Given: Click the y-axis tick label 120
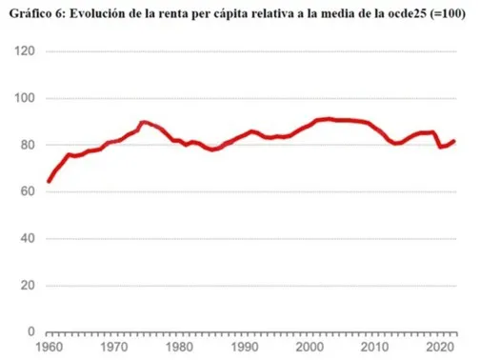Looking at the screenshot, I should coord(27,52).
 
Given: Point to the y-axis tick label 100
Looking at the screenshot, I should coord(27,99).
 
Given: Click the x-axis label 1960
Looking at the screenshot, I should coord(50,349).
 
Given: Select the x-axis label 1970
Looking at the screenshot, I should coord(114,349).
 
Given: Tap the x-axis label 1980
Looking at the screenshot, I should coord(180,349).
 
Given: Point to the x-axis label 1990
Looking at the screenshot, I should coord(246,349).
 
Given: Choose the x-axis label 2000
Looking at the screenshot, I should coord(311,349).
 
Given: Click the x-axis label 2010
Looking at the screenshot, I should coord(377,349).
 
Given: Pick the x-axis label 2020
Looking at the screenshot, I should coord(442,349).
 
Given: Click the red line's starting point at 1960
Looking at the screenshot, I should coord(50,181).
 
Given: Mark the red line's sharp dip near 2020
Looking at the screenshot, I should coord(440,147).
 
